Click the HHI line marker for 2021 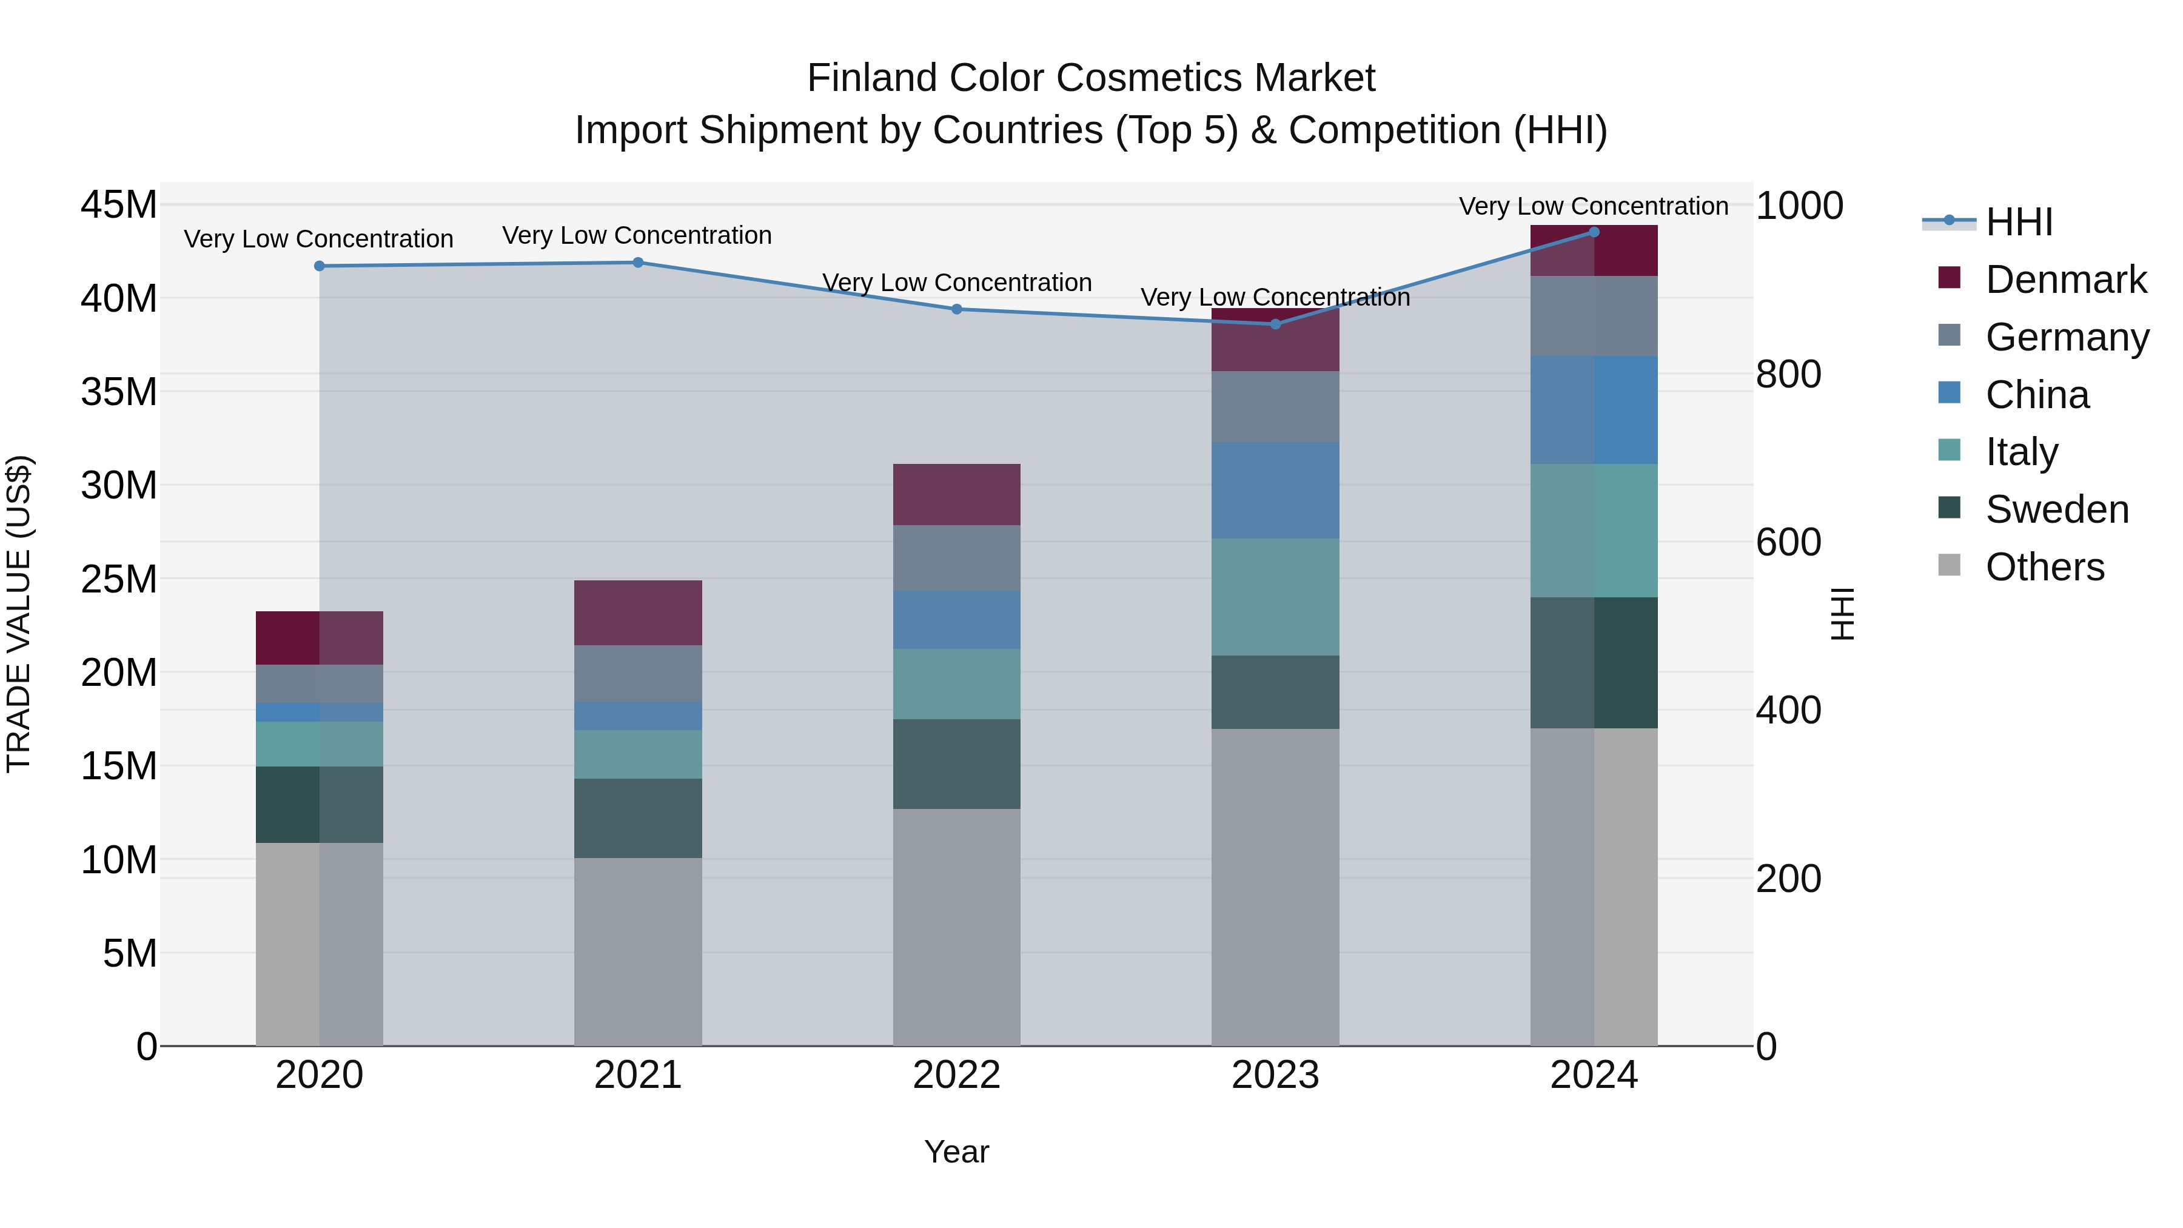tap(638, 263)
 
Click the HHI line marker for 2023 tap(1275, 324)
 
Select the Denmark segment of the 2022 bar tap(957, 495)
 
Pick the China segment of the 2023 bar tap(1275, 490)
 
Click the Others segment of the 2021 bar tap(638, 951)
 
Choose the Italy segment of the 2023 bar tap(1275, 597)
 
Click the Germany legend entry tap(2066, 337)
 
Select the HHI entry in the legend tap(2019, 222)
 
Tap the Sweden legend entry tap(2056, 509)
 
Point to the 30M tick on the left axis tap(119, 486)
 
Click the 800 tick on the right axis tap(1788, 374)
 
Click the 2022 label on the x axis tap(957, 1075)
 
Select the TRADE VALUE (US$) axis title tap(19, 614)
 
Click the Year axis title tap(957, 1152)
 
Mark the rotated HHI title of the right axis tap(1842, 614)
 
